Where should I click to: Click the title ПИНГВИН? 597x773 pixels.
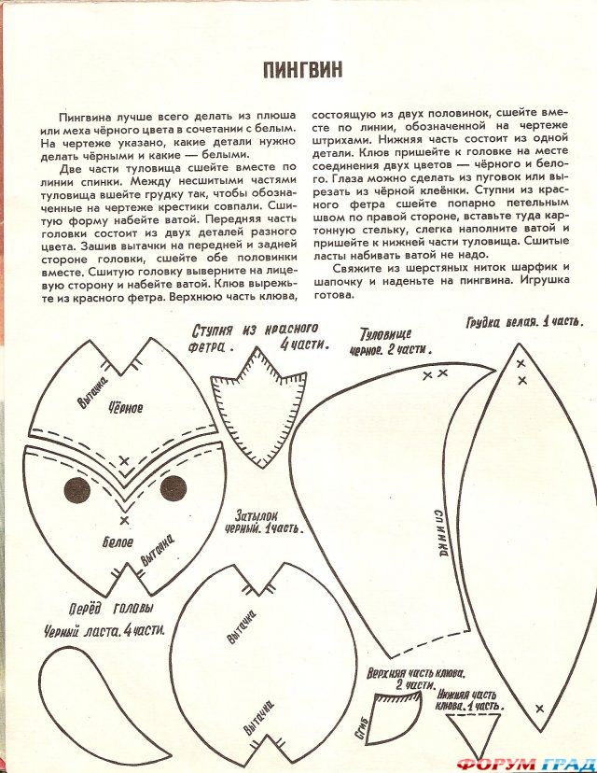click(303, 69)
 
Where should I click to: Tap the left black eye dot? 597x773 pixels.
click(76, 488)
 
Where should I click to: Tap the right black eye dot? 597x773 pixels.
click(174, 487)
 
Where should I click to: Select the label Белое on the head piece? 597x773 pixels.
click(118, 542)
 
